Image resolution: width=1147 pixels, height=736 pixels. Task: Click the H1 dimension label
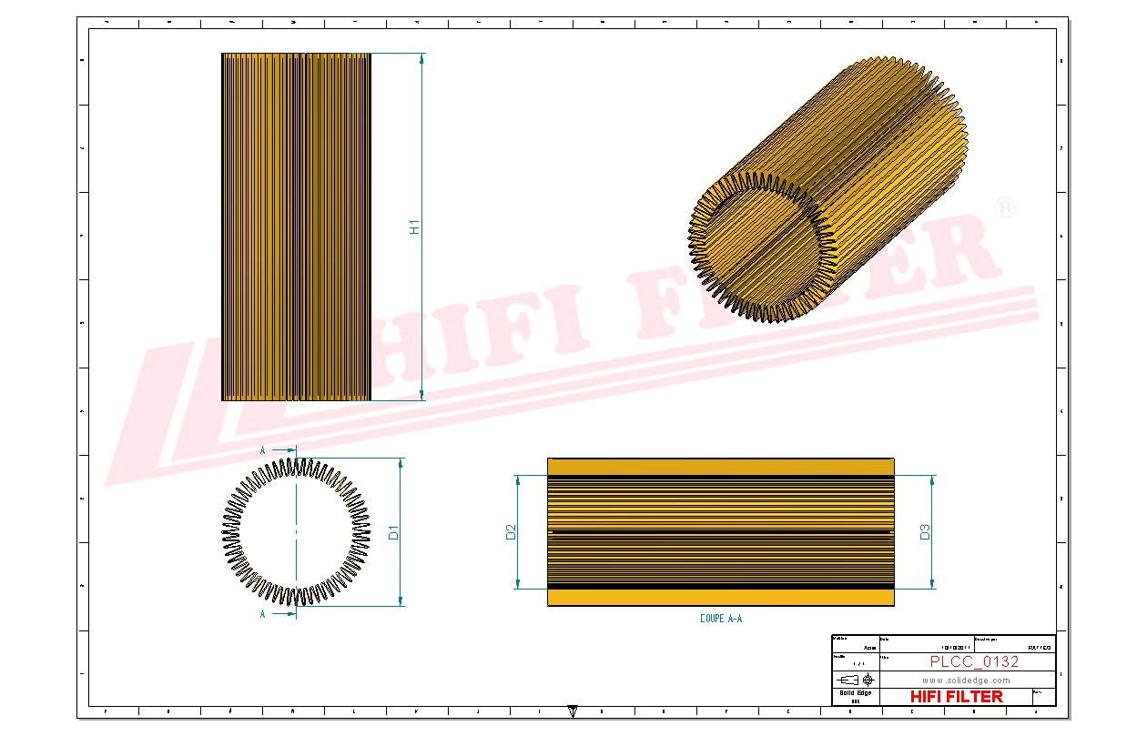[415, 227]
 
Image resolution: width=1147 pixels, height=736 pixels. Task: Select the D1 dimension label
[394, 532]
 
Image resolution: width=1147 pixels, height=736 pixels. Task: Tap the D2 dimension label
[511, 532]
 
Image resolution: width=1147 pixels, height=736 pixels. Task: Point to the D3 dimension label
[925, 532]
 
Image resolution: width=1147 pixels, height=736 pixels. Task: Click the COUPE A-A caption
[721, 619]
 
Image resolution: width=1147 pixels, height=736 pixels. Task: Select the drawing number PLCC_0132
[974, 661]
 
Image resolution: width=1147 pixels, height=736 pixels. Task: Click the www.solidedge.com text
[966, 680]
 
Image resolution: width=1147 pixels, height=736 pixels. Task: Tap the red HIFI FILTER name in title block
[956, 697]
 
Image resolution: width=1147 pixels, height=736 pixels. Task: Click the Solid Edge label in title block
[855, 693]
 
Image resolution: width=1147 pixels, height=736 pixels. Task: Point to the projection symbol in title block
[855, 680]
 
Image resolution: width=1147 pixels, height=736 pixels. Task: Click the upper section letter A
[263, 450]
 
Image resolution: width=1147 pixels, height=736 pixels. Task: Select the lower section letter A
[263, 614]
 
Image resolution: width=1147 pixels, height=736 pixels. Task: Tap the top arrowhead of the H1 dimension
[421, 58]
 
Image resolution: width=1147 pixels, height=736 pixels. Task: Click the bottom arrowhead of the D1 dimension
[401, 601]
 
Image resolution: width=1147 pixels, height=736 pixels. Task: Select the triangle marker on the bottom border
[573, 710]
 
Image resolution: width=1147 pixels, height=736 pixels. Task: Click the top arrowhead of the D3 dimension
[931, 480]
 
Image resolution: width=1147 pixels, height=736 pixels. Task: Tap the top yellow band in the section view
[720, 467]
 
